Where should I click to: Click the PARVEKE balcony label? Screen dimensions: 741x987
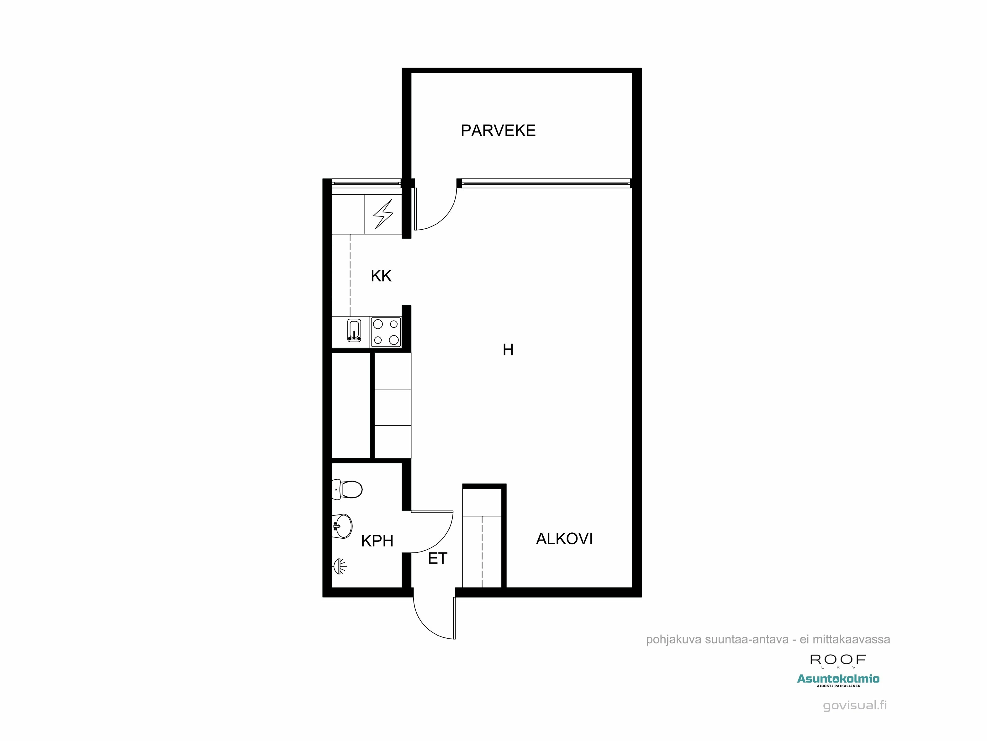(x=498, y=130)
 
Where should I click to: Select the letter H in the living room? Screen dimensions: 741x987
(x=508, y=350)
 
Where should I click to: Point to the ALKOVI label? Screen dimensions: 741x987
(x=564, y=539)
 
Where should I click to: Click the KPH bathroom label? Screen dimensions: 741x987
(x=377, y=541)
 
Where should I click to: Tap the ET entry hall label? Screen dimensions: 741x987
(x=437, y=558)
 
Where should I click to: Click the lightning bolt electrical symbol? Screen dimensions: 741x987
(x=383, y=214)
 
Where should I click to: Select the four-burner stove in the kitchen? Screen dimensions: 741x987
(x=386, y=332)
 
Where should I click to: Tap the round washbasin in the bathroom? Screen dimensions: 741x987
(x=343, y=526)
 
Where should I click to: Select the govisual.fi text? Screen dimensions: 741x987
(x=854, y=705)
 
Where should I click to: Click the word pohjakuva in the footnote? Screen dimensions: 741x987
(x=673, y=640)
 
